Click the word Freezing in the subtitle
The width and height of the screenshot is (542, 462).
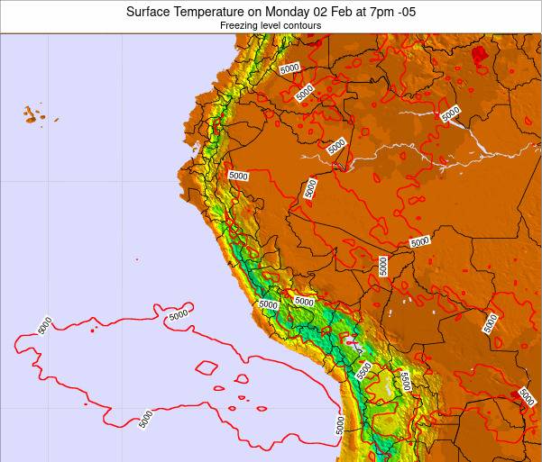click(239, 26)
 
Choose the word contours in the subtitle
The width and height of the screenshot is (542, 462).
click(305, 26)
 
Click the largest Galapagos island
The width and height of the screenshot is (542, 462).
click(32, 115)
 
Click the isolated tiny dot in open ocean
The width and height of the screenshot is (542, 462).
click(137, 260)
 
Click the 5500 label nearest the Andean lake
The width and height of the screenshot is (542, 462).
click(363, 370)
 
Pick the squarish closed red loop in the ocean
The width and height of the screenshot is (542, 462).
click(207, 367)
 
